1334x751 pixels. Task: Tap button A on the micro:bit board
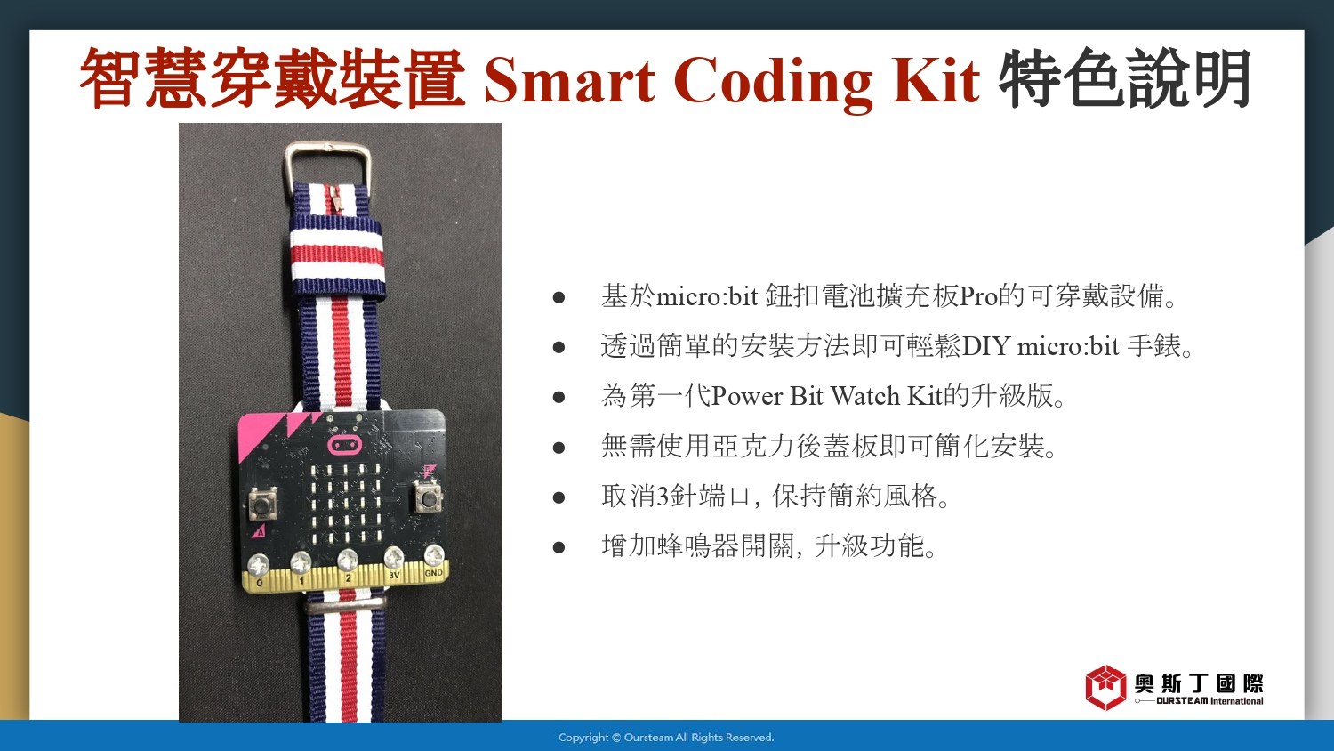[x=261, y=504]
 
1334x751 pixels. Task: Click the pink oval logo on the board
[x=343, y=445]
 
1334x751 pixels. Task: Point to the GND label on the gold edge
[x=434, y=573]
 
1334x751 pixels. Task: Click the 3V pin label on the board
[x=394, y=575]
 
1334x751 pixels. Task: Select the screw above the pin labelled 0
[x=259, y=563]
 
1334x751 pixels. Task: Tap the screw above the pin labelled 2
[x=348, y=560]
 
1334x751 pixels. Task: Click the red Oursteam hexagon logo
[x=1105, y=688]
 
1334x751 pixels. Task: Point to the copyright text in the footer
[x=666, y=738]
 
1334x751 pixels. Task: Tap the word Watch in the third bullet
[x=864, y=396]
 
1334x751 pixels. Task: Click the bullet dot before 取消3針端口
[x=559, y=497]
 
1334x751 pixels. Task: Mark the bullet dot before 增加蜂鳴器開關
[x=559, y=546]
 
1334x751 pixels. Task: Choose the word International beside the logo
[x=1236, y=701]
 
